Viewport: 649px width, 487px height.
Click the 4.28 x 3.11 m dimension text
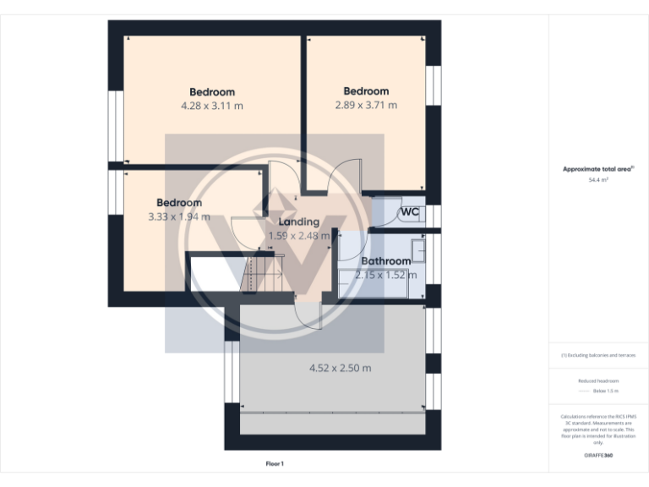pyautogui.click(x=212, y=107)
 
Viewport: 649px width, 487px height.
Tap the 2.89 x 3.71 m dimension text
pyautogui.click(x=366, y=106)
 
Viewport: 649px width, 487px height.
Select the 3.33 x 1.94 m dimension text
pyautogui.click(x=178, y=217)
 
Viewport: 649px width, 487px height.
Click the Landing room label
pyautogui.click(x=298, y=222)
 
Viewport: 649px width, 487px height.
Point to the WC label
pyautogui.click(x=410, y=211)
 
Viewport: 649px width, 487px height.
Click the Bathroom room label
pyautogui.click(x=386, y=261)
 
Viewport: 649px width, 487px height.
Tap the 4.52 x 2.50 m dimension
pyautogui.click(x=340, y=368)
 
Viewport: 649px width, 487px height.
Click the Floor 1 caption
pyautogui.click(x=275, y=463)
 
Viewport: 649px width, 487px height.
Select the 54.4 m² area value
pyautogui.click(x=598, y=180)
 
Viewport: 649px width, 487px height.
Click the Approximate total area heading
pyautogui.click(x=597, y=169)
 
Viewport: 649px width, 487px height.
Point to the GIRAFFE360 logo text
pyautogui.click(x=598, y=456)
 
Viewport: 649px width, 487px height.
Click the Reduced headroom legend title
pyautogui.click(x=598, y=381)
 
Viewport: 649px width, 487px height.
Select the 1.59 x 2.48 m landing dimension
pyautogui.click(x=298, y=236)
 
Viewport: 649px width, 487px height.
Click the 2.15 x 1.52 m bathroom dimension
pyautogui.click(x=385, y=275)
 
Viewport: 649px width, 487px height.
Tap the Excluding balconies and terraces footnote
pyautogui.click(x=598, y=355)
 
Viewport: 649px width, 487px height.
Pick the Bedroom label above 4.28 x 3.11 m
pyautogui.click(x=212, y=92)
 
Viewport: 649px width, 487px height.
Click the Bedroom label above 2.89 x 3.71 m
pyautogui.click(x=366, y=91)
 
